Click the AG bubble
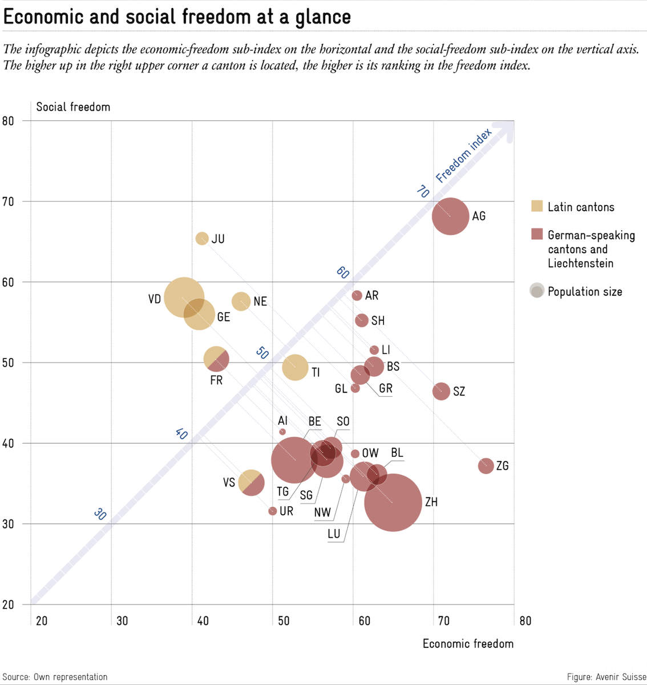(450, 216)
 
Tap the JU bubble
(202, 238)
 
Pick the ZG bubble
(486, 466)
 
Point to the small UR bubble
(273, 511)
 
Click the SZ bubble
(441, 392)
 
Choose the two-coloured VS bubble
(251, 483)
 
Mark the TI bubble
(295, 367)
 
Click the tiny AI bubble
(282, 432)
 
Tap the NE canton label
(260, 301)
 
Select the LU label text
(334, 534)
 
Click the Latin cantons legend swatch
(537, 207)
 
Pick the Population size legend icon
(536, 291)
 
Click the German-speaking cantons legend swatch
(537, 234)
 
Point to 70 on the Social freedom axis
(9, 202)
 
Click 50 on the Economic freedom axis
(283, 620)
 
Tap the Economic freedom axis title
(468, 644)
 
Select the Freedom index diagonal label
(463, 155)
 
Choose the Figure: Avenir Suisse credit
(606, 677)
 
